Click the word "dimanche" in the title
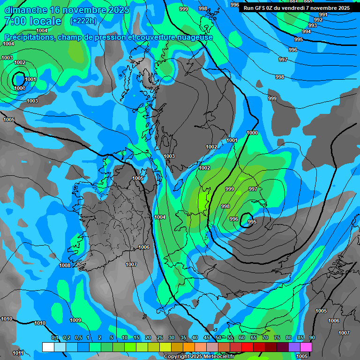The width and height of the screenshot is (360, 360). tap(26, 10)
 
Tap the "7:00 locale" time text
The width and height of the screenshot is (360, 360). tap(32, 21)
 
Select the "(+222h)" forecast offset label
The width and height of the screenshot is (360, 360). tap(83, 21)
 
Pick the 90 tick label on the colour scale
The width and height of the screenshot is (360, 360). tap(312, 338)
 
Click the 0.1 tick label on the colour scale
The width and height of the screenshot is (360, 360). tap(55, 338)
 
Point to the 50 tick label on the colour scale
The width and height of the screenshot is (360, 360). tap(218, 338)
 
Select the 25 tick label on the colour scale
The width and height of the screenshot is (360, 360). tap(160, 338)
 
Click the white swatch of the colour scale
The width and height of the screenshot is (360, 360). tap(48, 347)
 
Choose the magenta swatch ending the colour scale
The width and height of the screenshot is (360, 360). tap(306, 347)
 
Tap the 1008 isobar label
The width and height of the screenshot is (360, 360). tap(65, 266)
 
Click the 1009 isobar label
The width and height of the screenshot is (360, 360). tap(75, 321)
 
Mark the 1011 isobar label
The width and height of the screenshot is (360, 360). tap(18, 353)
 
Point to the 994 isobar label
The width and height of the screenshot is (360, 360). tap(307, 31)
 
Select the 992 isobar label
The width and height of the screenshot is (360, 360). tap(318, 20)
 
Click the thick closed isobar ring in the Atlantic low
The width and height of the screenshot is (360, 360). tap(19, 79)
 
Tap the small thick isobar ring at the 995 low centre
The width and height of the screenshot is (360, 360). tap(246, 220)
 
